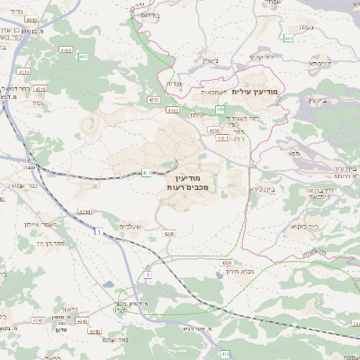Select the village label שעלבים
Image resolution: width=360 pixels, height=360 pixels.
click(131, 226)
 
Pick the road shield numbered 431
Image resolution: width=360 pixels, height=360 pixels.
click(146, 173)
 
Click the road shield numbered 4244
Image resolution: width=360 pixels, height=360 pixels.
click(83, 210)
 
